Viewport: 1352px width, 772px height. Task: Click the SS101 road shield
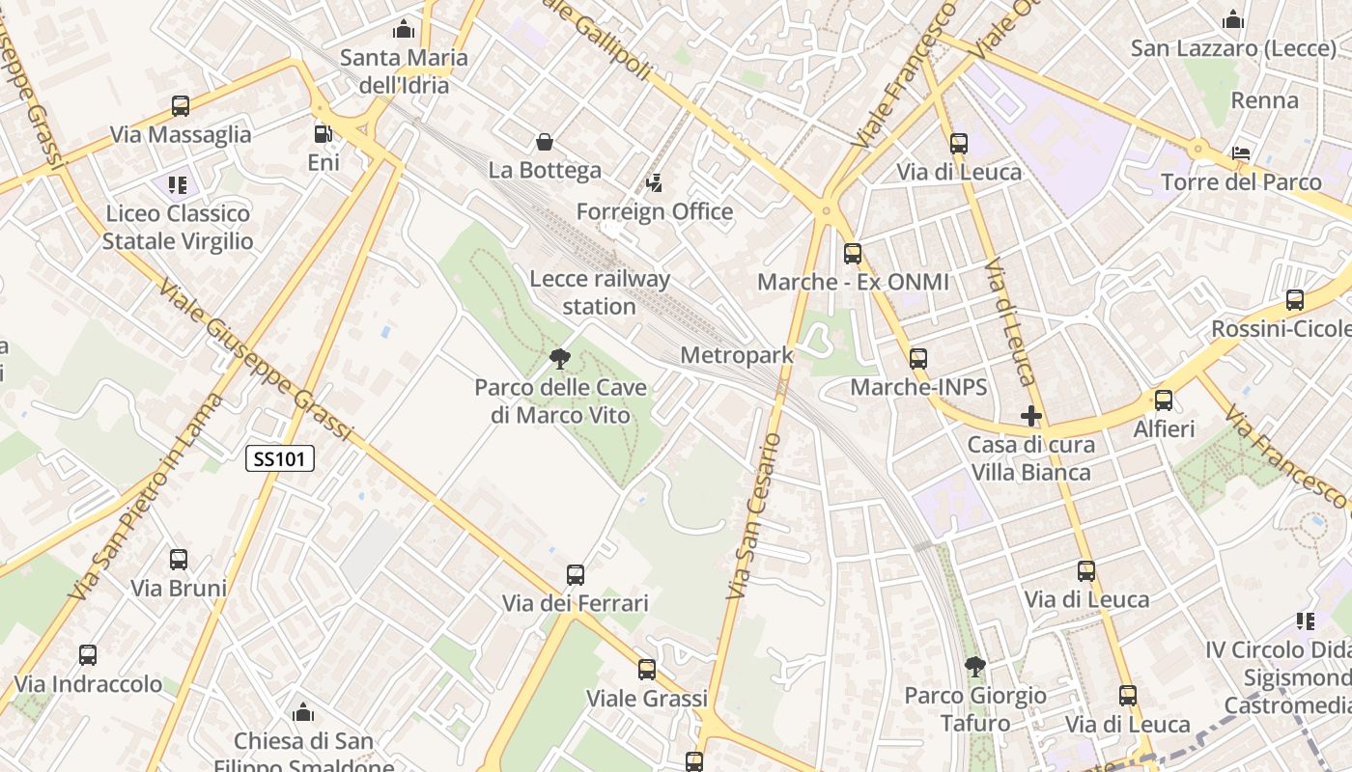(280, 458)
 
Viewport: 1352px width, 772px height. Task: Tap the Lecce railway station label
(600, 292)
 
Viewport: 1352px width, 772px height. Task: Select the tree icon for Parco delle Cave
(559, 359)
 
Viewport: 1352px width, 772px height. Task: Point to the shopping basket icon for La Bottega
(545, 142)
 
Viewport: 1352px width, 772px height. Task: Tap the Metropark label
(737, 355)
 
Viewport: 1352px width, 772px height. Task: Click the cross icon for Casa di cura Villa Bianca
(1031, 417)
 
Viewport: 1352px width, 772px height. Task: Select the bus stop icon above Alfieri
(1164, 400)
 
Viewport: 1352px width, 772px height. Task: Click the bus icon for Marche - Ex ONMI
(853, 254)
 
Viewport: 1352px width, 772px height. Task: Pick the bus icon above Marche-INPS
(918, 359)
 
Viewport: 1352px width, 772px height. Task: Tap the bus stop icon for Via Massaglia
(181, 106)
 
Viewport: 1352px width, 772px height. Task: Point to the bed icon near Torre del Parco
(1242, 153)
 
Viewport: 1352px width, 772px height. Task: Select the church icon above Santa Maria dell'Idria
(404, 29)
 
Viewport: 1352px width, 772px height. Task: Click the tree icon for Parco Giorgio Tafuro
(975, 666)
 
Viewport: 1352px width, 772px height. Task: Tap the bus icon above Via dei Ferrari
(576, 575)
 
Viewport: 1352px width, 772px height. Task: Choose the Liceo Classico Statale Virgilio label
(178, 227)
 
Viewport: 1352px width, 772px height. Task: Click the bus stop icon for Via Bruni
(179, 560)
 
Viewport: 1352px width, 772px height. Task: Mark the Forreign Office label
(655, 211)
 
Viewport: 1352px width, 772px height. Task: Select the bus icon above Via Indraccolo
(88, 656)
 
